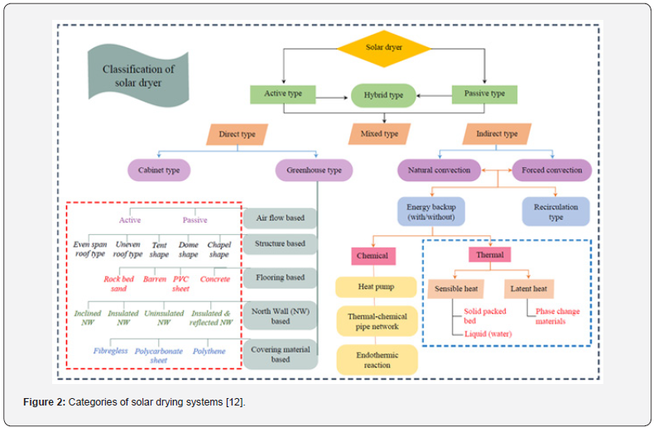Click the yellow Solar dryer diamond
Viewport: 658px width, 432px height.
383,48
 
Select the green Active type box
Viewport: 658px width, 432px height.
283,94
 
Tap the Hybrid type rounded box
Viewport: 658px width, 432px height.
383,95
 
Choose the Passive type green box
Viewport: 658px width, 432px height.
484,94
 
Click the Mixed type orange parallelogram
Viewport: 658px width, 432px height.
379,134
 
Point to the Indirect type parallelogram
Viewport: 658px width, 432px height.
497,134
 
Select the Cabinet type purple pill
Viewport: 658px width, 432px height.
159,170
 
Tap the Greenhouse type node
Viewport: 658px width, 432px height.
314,170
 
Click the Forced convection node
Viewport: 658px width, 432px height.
552,170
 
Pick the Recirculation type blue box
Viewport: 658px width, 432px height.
555,212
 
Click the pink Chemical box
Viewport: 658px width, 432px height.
373,256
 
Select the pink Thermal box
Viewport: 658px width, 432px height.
490,255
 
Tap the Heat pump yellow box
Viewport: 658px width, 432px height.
376,287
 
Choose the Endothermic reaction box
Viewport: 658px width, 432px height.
377,360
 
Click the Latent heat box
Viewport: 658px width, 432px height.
529,289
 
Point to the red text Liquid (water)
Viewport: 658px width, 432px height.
488,334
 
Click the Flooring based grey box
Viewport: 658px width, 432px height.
281,277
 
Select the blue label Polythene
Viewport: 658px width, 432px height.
209,351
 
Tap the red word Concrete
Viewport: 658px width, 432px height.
215,279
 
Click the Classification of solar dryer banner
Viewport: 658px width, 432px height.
138,76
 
